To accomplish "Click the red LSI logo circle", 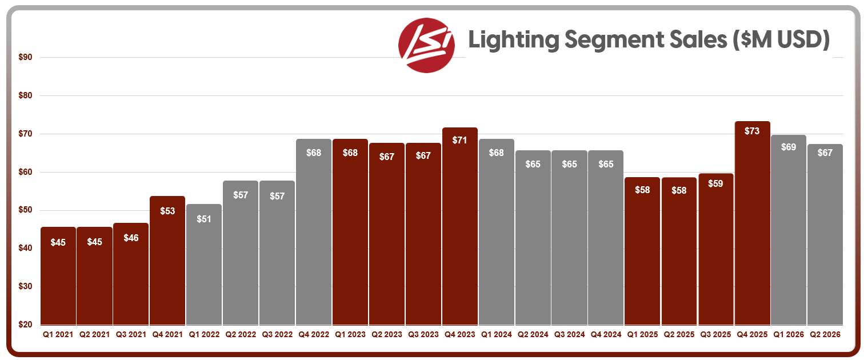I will click(x=426, y=45).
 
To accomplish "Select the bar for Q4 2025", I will click(x=752, y=223).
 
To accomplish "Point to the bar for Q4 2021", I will click(x=167, y=260).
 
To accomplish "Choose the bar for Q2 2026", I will click(x=825, y=234).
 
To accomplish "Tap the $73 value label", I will click(x=752, y=131).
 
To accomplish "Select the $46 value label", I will click(x=131, y=238).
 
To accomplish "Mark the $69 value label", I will click(x=788, y=147).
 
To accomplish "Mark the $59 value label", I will click(x=715, y=185).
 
